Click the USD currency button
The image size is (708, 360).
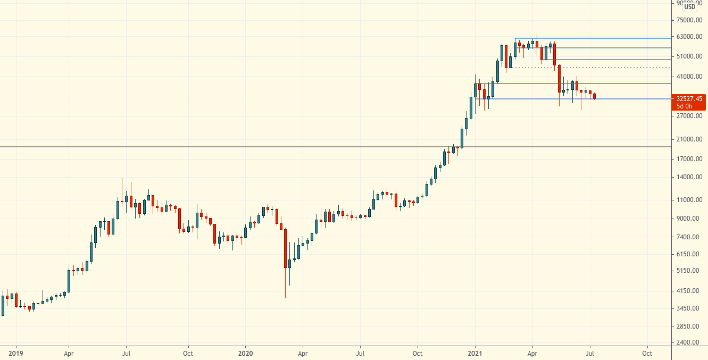(x=690, y=6)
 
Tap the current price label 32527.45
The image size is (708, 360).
(x=689, y=99)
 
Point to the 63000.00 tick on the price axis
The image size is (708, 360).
(x=689, y=37)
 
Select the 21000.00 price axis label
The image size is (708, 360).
(x=689, y=139)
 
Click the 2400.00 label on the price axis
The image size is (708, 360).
(x=689, y=342)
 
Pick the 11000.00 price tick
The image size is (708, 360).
(x=689, y=200)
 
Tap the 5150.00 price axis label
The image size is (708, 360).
(x=689, y=271)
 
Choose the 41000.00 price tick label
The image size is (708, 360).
(x=689, y=77)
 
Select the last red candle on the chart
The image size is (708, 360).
(x=594, y=96)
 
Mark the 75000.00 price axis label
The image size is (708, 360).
(x=689, y=20)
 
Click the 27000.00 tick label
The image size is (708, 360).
(x=689, y=116)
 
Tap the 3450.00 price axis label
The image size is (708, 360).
(x=689, y=308)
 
